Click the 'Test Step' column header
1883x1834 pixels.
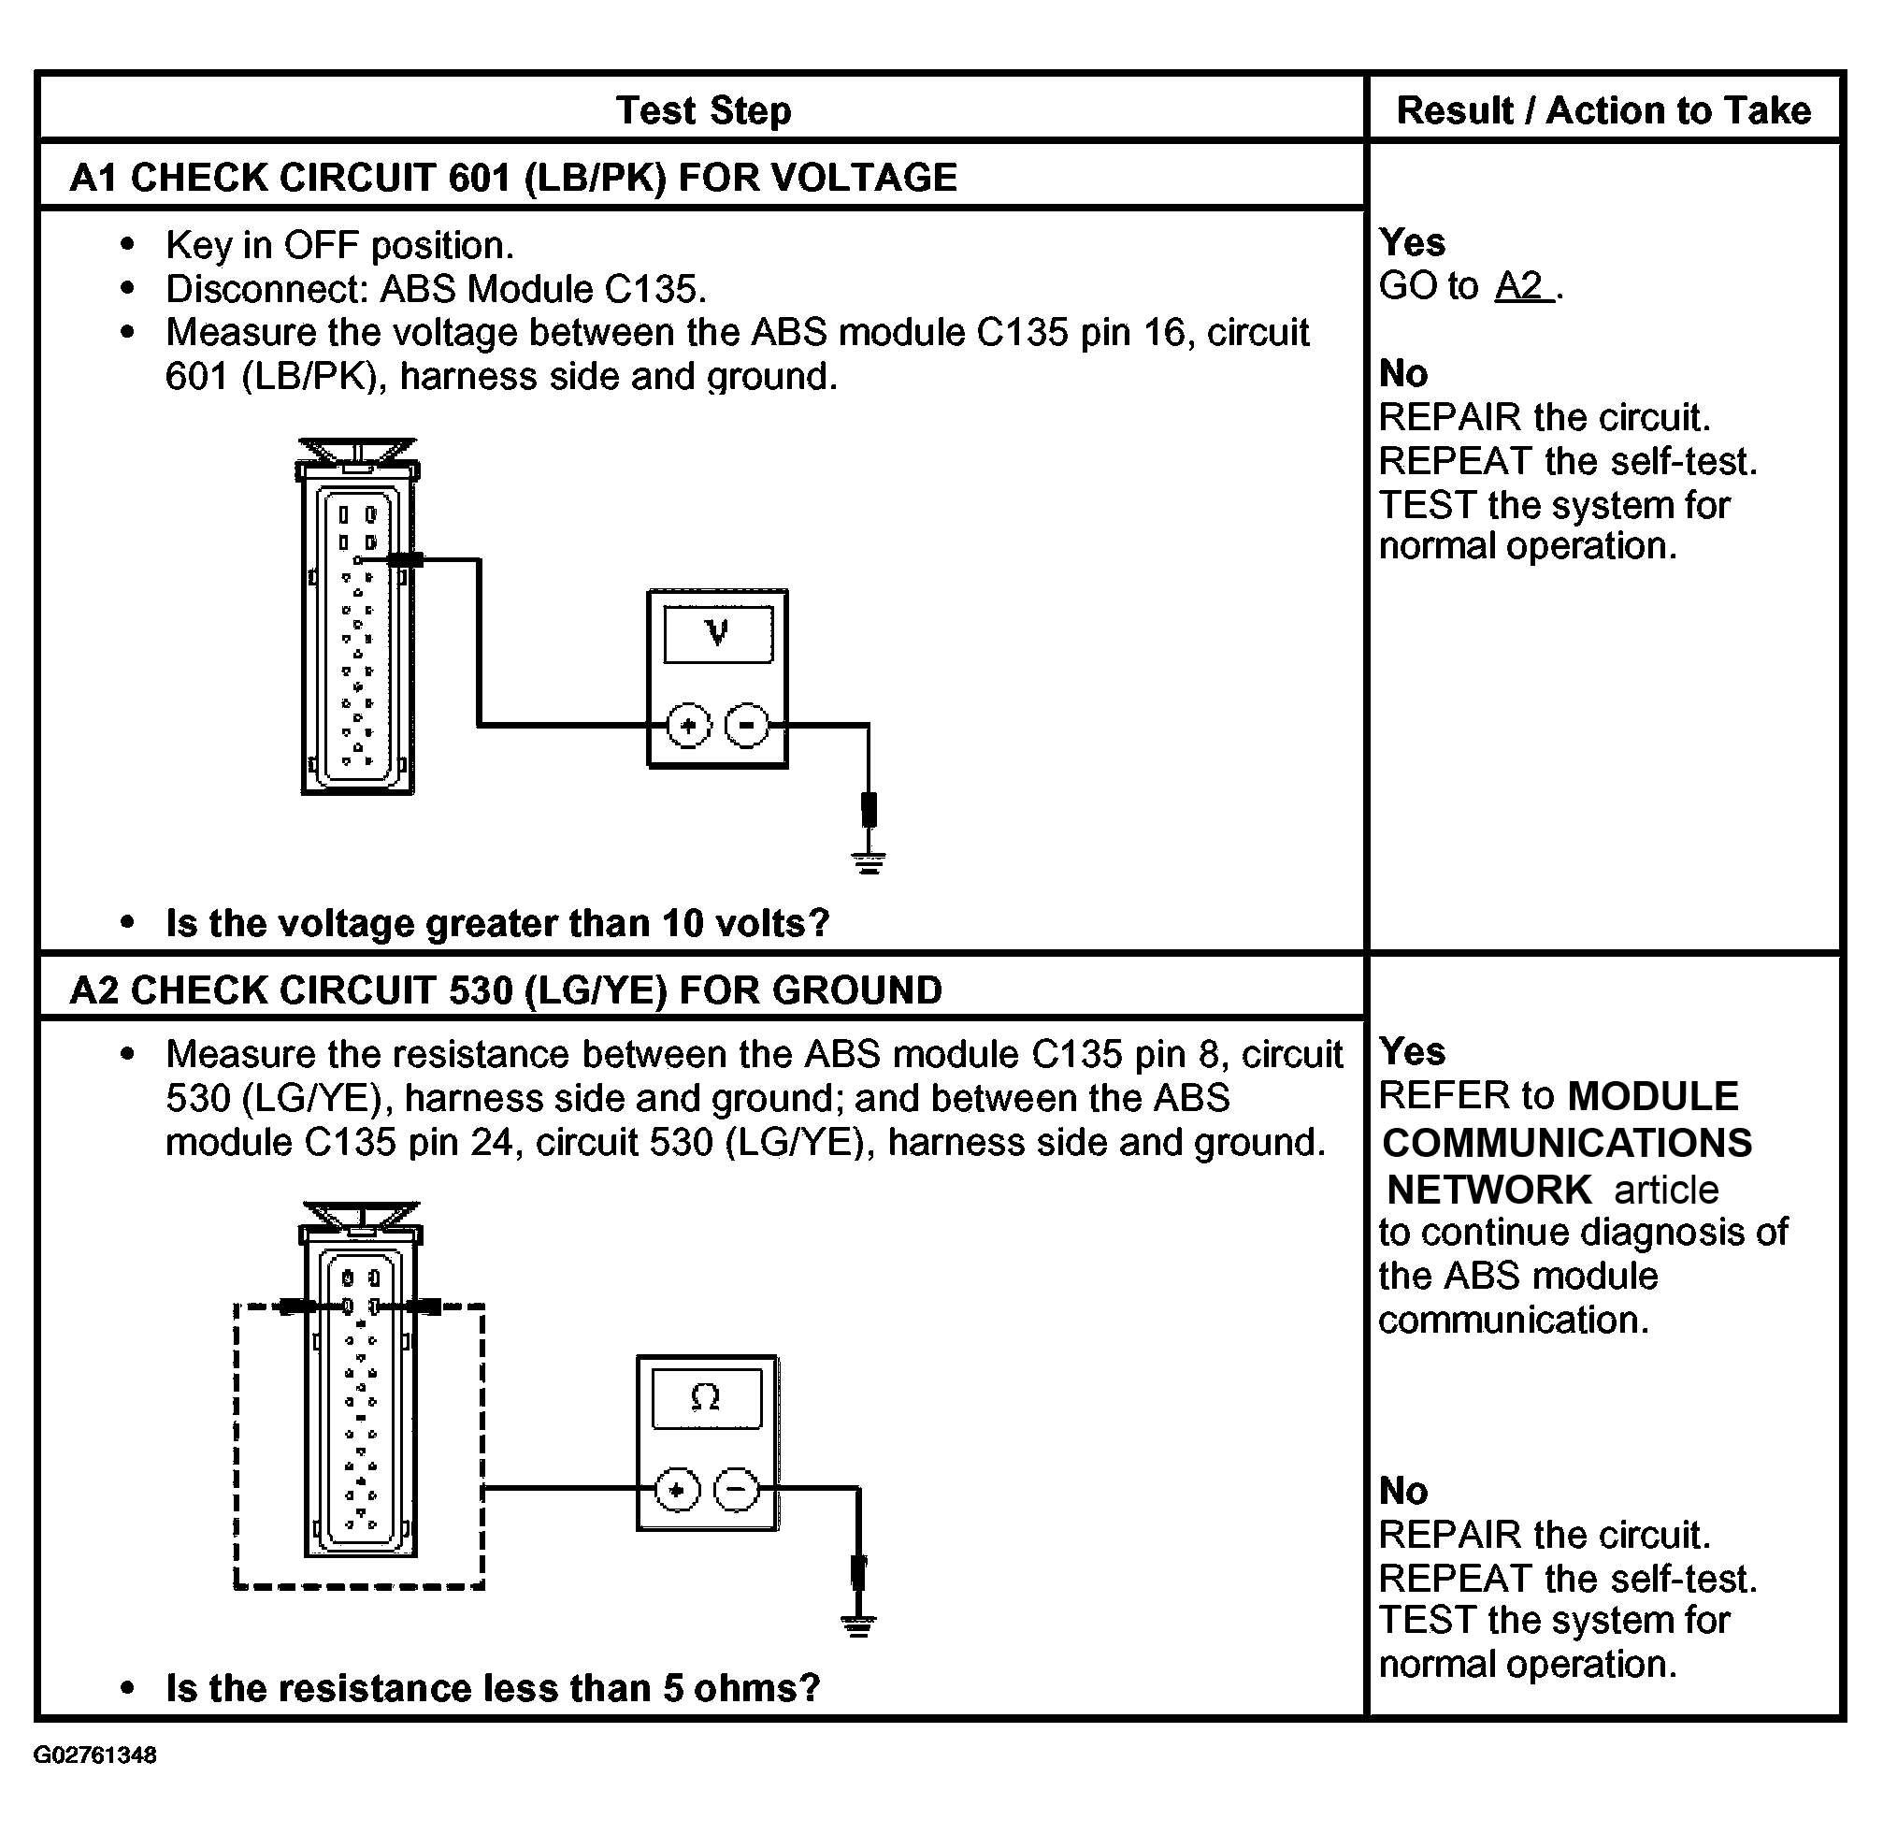pyautogui.click(x=703, y=110)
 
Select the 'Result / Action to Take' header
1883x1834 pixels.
pyautogui.click(x=1603, y=110)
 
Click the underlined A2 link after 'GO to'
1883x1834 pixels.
pyautogui.click(x=1522, y=286)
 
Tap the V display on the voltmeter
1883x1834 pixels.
pyautogui.click(x=717, y=634)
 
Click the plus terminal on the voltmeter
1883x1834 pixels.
pyautogui.click(x=688, y=726)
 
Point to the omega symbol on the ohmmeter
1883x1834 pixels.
pyautogui.click(x=706, y=1397)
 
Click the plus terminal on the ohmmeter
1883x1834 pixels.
pyautogui.click(x=677, y=1490)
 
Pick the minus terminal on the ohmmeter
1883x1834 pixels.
pyautogui.click(x=736, y=1490)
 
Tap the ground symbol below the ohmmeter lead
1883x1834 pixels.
pyautogui.click(x=858, y=1627)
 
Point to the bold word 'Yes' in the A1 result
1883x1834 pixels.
pyautogui.click(x=1412, y=243)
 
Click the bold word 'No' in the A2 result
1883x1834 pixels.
pyautogui.click(x=1403, y=1491)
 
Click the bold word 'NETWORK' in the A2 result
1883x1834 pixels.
pyautogui.click(x=1489, y=1191)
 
